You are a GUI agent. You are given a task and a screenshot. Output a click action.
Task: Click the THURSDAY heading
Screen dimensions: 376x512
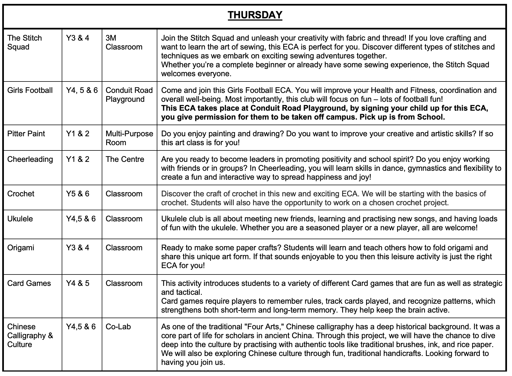[x=255, y=15]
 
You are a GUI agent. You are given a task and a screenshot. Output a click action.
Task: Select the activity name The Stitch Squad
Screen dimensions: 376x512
[x=24, y=42]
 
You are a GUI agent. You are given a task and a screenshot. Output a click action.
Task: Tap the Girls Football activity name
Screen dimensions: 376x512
[x=30, y=90]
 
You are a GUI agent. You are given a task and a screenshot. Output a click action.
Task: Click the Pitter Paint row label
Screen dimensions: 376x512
[x=26, y=134]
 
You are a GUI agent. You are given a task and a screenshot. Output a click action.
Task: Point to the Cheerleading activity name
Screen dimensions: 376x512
[x=30, y=159]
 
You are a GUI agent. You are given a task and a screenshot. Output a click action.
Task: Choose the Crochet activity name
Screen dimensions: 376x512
[x=21, y=194]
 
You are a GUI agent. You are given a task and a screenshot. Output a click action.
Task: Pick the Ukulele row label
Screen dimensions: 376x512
[x=20, y=219]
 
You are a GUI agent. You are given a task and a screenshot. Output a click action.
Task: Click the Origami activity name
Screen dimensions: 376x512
[x=21, y=248]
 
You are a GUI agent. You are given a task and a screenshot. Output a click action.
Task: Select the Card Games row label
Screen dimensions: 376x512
[x=29, y=283]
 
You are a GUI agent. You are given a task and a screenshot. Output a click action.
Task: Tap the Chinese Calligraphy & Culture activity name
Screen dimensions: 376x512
[x=30, y=335]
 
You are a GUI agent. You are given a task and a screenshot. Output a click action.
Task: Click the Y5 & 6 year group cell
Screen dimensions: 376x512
[x=78, y=194]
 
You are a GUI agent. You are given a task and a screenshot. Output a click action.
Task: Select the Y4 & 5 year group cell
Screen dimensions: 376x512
[x=78, y=283]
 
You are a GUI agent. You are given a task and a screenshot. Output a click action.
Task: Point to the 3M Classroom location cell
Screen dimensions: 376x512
[x=124, y=42]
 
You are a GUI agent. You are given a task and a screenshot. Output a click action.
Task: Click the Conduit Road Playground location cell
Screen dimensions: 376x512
[x=129, y=95]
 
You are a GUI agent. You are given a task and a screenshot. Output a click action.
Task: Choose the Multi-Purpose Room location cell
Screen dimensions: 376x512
[x=129, y=138]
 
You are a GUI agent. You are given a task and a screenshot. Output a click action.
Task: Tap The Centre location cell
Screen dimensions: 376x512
[x=125, y=159]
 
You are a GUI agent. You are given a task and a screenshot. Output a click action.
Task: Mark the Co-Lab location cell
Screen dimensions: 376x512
[x=118, y=327]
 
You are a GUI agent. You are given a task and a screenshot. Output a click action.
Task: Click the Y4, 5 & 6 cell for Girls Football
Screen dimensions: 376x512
[x=82, y=90]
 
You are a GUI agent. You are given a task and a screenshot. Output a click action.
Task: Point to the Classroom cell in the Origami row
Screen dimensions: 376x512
[x=124, y=248]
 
